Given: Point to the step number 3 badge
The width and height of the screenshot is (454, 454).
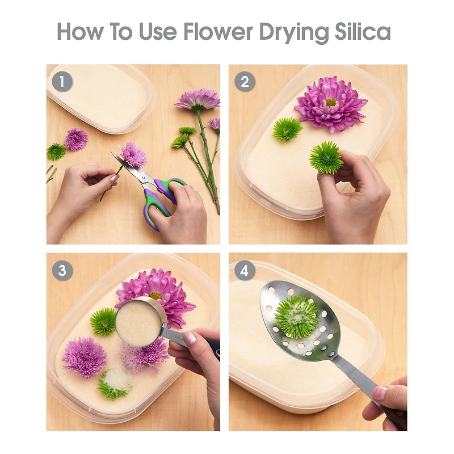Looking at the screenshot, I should pos(62,270).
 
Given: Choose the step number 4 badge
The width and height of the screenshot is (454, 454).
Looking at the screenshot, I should pos(245,270).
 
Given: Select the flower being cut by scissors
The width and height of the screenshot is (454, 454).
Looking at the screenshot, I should pos(134,154).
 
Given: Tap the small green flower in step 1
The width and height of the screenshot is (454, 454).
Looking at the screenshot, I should pos(56,152).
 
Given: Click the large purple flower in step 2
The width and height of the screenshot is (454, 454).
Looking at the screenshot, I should pos(330,104).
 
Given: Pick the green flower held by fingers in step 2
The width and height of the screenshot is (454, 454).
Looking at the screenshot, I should pos(326,158).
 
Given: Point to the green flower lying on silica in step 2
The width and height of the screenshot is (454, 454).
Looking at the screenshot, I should pos(287,130).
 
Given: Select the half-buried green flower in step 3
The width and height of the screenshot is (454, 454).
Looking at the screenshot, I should pos(114,383).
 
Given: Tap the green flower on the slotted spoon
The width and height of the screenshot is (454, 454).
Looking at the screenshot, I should pos(297,317).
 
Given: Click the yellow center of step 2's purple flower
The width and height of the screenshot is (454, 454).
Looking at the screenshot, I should pos(330,102).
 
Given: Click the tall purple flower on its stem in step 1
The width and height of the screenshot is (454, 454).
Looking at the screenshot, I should pos(197,99).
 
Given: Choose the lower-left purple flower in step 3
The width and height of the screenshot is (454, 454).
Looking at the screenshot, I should pos(84,357).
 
